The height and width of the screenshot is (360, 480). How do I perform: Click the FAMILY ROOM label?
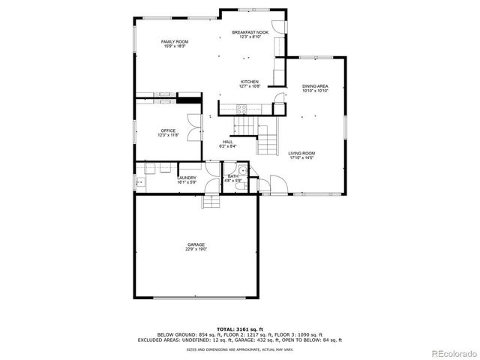175,41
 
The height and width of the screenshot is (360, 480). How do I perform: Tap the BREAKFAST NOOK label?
250,32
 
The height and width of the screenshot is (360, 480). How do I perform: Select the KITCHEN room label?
250,82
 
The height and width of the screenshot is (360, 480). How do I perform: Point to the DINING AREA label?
315,86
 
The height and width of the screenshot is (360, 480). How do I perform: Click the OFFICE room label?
168,130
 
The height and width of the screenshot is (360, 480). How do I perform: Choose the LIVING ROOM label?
301,154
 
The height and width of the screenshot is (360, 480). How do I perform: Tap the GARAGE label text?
196,244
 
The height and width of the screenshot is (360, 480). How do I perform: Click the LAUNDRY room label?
187,178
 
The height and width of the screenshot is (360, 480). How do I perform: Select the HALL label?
227,142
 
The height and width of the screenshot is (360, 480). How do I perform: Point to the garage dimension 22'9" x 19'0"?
196,249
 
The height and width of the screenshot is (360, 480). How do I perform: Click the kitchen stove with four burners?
241,109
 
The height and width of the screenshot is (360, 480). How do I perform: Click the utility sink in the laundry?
140,181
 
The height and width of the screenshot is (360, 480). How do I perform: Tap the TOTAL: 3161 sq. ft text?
239,328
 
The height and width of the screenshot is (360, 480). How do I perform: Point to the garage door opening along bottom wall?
196,298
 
